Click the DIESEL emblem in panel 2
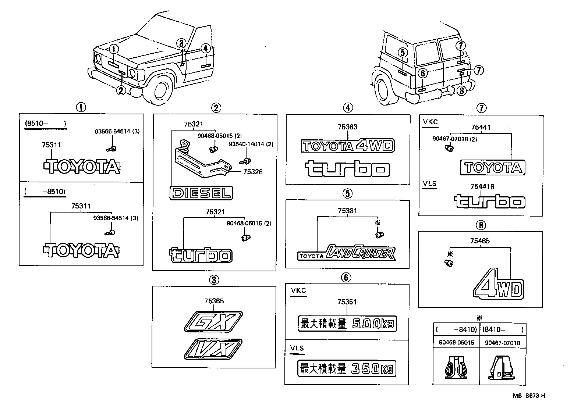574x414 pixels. (201, 193)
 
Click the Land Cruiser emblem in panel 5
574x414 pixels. (347, 253)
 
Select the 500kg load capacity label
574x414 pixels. (347, 324)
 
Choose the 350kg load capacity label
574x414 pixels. (347, 368)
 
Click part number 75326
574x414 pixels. (252, 172)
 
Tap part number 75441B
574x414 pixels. (482, 187)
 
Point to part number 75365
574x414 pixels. (214, 301)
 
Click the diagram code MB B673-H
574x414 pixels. (529, 396)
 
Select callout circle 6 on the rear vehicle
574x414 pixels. (423, 74)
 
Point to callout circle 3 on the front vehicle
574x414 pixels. (181, 43)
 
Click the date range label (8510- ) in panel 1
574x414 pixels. (45, 124)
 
